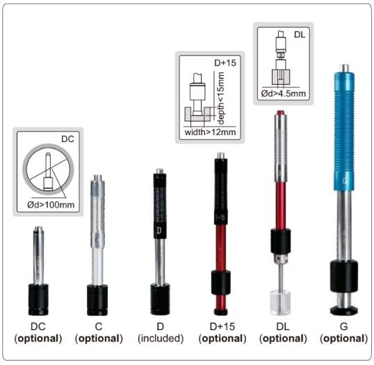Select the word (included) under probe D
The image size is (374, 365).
pos(160,339)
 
